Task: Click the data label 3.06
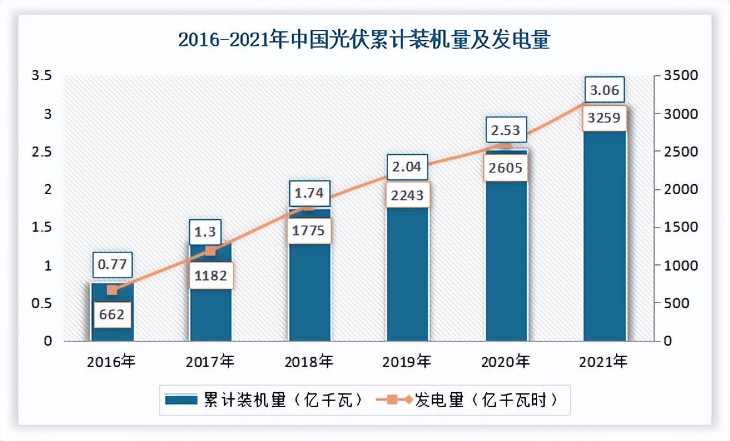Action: click(605, 91)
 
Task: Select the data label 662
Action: click(113, 314)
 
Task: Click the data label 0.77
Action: click(113, 265)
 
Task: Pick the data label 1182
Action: click(211, 275)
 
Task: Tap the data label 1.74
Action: click(309, 194)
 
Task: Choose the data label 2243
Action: click(408, 195)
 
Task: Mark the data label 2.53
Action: click(506, 130)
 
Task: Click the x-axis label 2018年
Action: click(309, 361)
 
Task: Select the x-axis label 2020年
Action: click(506, 361)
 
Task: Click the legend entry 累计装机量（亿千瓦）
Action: click(264, 400)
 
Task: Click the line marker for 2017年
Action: click(211, 251)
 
